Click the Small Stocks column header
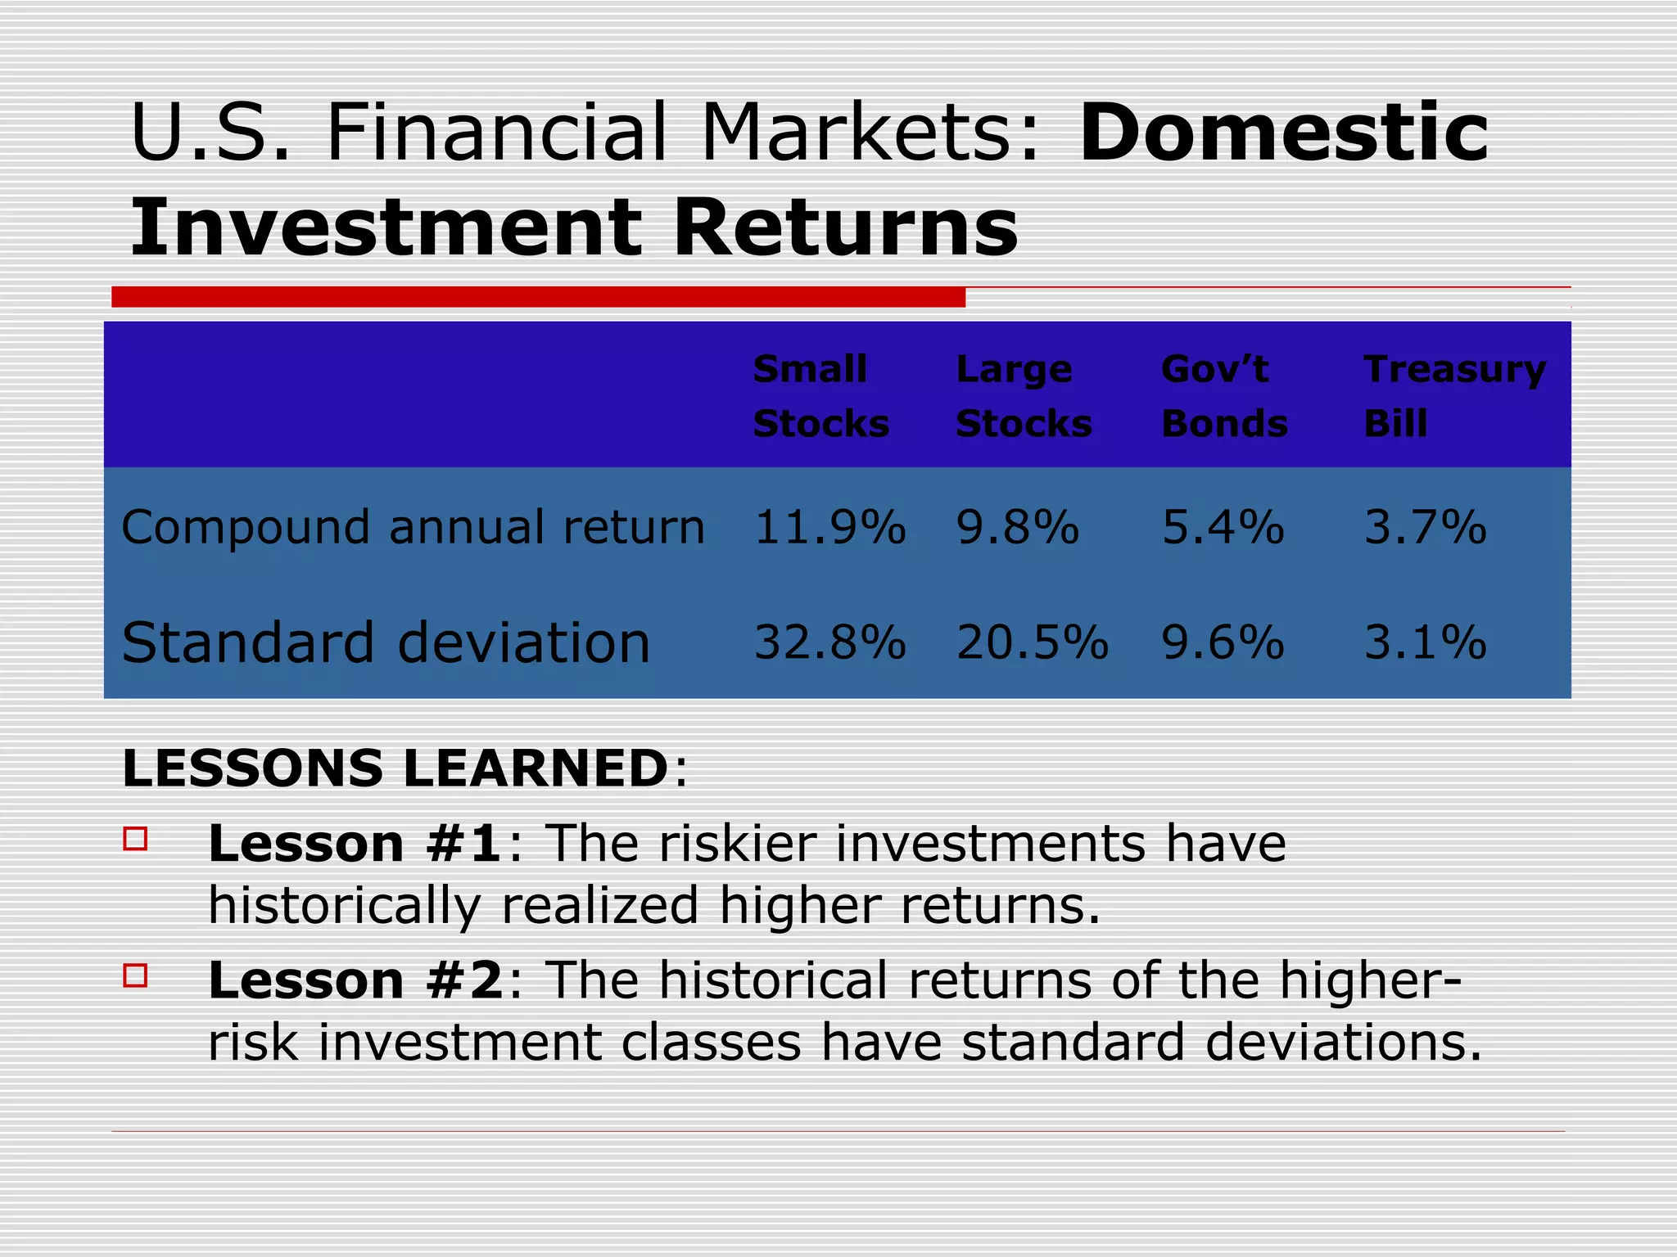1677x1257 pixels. click(820, 396)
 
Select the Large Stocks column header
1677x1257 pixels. click(1024, 396)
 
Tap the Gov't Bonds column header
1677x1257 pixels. click(1224, 396)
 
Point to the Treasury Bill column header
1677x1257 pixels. click(1454, 396)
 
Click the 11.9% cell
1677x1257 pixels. click(829, 527)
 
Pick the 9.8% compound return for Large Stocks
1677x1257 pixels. click(1017, 527)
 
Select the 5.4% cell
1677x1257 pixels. click(1223, 527)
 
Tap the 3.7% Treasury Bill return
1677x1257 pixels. click(1425, 527)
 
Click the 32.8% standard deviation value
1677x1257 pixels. click(829, 642)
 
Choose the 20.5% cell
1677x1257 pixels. click(1032, 642)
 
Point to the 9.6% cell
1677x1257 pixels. click(1223, 642)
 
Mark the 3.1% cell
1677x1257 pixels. click(1425, 642)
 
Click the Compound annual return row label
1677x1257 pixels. click(413, 528)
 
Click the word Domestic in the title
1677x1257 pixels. click(1283, 133)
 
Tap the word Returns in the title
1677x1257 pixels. click(845, 228)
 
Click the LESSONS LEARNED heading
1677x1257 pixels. click(396, 768)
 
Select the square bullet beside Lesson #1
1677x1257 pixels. click(136, 839)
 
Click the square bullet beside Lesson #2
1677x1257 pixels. click(136, 975)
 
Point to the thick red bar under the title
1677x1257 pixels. click(538, 297)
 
